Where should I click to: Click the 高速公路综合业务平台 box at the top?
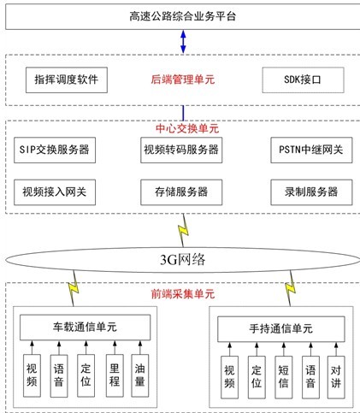click(183, 16)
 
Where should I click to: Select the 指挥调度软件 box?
click(67, 80)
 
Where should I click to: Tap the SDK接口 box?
click(303, 80)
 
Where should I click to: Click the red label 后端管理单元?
click(183, 80)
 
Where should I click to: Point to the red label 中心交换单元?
click(187, 128)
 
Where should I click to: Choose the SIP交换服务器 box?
click(55, 150)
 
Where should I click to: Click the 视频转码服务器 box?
click(181, 150)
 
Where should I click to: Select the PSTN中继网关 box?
click(311, 150)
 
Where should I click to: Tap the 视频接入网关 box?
click(55, 192)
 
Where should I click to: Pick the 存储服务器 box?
click(181, 192)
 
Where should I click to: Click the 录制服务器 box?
click(311, 192)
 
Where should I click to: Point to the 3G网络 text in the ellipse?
click(182, 260)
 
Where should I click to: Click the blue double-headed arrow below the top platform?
click(183, 42)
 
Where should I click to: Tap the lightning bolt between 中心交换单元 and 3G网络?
click(183, 231)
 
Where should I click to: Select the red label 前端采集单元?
click(183, 294)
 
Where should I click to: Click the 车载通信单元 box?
click(85, 327)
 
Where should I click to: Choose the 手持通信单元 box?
click(281, 329)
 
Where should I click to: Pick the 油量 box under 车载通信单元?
click(140, 375)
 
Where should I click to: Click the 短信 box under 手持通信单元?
click(284, 377)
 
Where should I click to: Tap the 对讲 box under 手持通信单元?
click(336, 377)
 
